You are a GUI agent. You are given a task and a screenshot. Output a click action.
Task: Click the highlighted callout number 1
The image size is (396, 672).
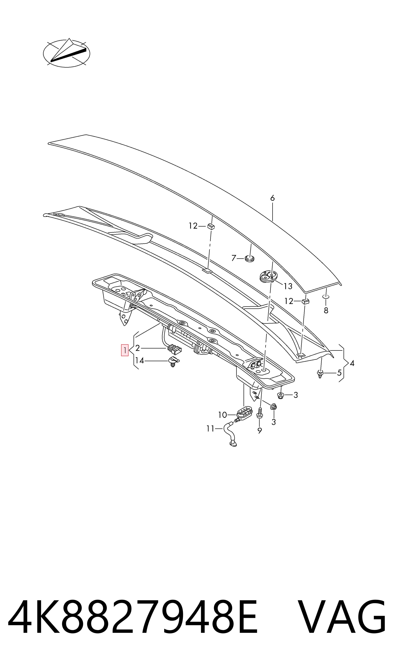[125, 350]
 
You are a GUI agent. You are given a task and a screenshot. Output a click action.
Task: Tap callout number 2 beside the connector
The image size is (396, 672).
[138, 348]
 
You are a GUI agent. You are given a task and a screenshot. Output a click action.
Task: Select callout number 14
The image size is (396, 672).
[140, 361]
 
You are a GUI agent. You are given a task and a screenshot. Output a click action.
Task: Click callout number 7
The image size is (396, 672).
[234, 258]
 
